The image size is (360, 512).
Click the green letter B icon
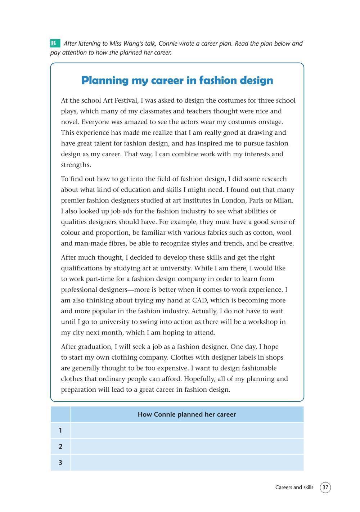[x=55, y=43]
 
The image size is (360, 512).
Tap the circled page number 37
[x=325, y=488]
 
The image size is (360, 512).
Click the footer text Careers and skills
[x=294, y=488]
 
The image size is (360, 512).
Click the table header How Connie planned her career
[x=187, y=414]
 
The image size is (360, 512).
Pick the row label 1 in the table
[x=60, y=431]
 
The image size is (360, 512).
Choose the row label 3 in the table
[x=60, y=463]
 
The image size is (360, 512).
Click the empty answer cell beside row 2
[x=187, y=446]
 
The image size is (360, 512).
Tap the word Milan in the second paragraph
[x=284, y=201]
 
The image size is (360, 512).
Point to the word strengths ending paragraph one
[x=76, y=165]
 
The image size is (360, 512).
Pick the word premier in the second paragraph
[x=73, y=201]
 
